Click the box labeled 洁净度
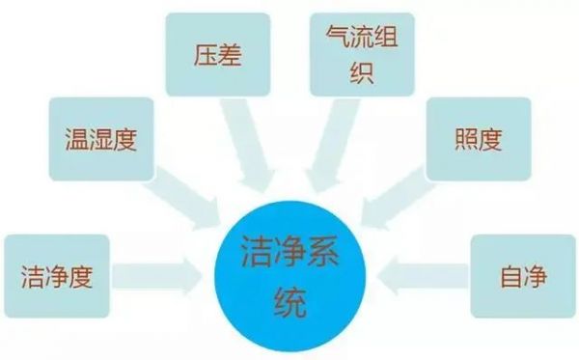tap(56, 278)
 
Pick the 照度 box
tap(477, 141)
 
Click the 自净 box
tap(523, 278)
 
